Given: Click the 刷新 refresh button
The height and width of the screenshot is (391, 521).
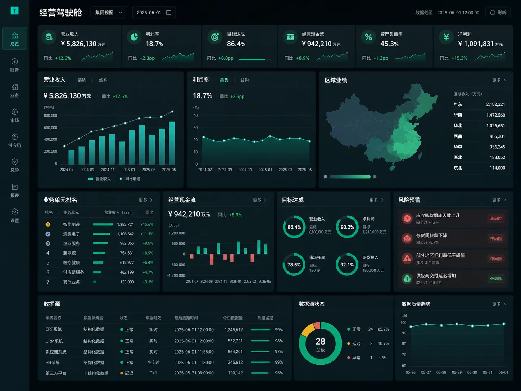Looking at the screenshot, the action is [x=498, y=13].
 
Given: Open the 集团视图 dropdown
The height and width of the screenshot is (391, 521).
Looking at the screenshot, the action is [x=109, y=13].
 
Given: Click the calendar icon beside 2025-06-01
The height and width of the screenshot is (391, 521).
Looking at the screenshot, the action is [x=168, y=12].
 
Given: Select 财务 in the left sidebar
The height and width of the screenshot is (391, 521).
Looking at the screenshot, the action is [x=14, y=65].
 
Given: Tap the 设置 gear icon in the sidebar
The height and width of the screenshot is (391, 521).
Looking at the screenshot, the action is [x=14, y=212].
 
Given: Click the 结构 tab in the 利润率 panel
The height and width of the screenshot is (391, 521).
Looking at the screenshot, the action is [x=244, y=80].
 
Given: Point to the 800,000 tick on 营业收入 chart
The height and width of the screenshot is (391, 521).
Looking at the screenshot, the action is [x=50, y=116].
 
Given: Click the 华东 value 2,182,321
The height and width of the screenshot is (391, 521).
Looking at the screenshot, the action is [x=495, y=104].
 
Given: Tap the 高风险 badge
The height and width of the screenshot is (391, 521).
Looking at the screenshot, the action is [x=496, y=219].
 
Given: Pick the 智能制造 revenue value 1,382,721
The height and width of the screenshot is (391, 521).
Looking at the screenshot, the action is [x=125, y=224].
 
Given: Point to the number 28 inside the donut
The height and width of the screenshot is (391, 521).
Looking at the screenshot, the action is [x=320, y=341].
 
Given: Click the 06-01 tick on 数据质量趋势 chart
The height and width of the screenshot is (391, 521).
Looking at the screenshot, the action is [x=503, y=373].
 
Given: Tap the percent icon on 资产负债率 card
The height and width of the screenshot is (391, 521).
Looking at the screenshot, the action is [x=368, y=37].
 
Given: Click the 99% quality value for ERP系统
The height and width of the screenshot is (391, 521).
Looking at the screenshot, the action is [x=279, y=330].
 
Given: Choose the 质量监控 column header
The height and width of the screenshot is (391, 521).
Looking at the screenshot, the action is [x=266, y=318].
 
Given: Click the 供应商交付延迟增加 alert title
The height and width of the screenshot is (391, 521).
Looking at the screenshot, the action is [x=436, y=276].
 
